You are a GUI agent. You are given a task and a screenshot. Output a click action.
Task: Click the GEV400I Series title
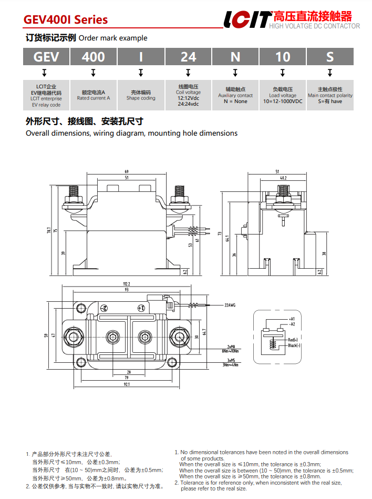click(x=66, y=20)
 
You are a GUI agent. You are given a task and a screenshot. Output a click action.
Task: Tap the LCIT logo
click(x=247, y=19)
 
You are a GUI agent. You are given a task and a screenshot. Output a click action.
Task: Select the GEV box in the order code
click(x=46, y=57)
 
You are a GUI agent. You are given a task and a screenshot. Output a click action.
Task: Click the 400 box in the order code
click(x=93, y=57)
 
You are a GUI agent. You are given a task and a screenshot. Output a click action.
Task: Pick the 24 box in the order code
click(x=188, y=57)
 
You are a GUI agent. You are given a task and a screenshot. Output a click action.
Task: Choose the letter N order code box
click(x=235, y=57)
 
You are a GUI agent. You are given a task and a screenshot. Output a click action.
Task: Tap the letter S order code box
click(x=329, y=57)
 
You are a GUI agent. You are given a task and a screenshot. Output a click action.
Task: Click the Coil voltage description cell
click(x=188, y=95)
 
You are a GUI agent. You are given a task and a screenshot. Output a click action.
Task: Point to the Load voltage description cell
click(x=283, y=95)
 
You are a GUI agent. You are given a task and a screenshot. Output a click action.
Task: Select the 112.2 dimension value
click(x=126, y=284)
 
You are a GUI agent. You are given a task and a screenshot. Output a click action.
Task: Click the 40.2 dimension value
click(x=284, y=178)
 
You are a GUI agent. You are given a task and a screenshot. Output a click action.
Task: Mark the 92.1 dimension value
click(x=127, y=384)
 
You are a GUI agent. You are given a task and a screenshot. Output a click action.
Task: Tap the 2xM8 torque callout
click(x=230, y=348)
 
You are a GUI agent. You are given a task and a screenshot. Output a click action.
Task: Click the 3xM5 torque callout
click(x=230, y=362)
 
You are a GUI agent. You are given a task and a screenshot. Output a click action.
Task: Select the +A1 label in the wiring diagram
click(x=292, y=319)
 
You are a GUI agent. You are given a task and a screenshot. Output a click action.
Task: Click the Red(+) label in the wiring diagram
click(x=293, y=340)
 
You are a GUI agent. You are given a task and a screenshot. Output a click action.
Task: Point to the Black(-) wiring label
click(x=294, y=345)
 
